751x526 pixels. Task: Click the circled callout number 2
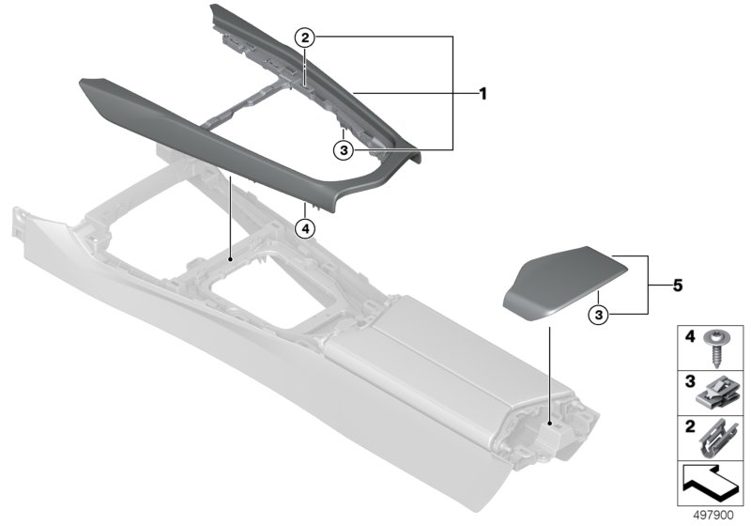305,37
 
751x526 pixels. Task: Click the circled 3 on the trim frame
344,150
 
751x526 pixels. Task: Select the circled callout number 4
305,229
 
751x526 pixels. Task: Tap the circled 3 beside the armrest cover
599,315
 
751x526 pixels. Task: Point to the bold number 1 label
483,94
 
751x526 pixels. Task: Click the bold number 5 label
678,286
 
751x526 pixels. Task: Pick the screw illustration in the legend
715,348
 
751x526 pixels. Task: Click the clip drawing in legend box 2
715,439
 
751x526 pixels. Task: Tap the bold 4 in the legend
690,337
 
